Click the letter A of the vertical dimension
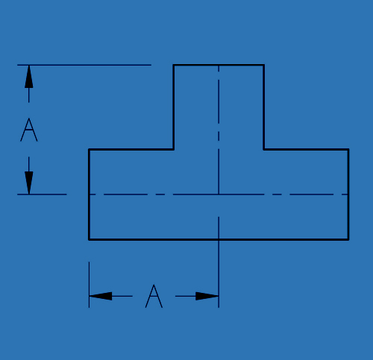pyautogui.click(x=29, y=130)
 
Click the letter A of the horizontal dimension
pyautogui.click(x=154, y=296)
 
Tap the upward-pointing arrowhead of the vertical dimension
pyautogui.click(x=29, y=77)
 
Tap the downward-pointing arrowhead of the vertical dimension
pyautogui.click(x=29, y=183)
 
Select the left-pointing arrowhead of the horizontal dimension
pyautogui.click(x=101, y=296)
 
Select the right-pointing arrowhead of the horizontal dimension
pyautogui.click(x=207, y=296)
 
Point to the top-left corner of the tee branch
pyautogui.click(x=174, y=65)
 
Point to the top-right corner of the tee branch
pyautogui.click(x=264, y=65)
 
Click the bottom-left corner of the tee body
pyautogui.click(x=89, y=239)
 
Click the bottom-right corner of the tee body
pyautogui.click(x=348, y=239)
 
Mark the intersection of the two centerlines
pyautogui.click(x=219, y=195)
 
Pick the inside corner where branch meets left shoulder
pyautogui.click(x=174, y=149)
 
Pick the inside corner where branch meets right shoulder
pyautogui.click(x=264, y=149)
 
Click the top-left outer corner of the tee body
pyautogui.click(x=89, y=149)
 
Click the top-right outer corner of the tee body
pyautogui.click(x=348, y=149)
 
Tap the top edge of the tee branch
pyautogui.click(x=219, y=65)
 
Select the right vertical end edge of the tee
pyautogui.click(x=348, y=195)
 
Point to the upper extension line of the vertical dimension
pyautogui.click(x=84, y=65)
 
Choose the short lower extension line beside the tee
pyautogui.click(x=42, y=195)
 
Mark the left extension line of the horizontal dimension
pyautogui.click(x=89, y=285)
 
